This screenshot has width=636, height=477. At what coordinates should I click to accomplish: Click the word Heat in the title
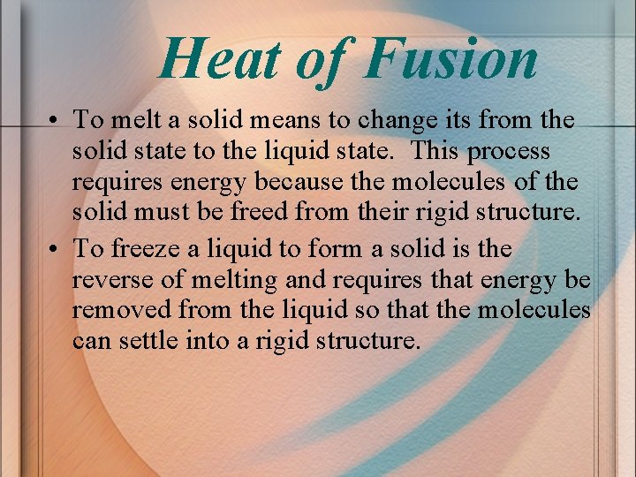pos(221,59)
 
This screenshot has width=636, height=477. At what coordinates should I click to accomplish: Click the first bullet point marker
pos(55,120)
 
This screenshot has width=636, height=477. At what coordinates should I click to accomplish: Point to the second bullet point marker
pos(55,250)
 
